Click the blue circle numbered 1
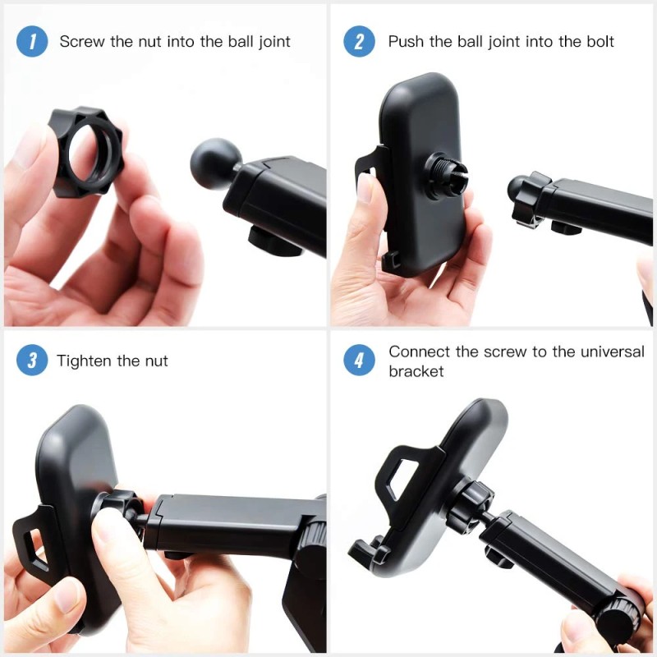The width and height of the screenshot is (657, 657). pyautogui.click(x=32, y=41)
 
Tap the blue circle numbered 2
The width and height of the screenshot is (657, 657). pyautogui.click(x=359, y=41)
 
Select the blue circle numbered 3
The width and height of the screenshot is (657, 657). pyautogui.click(x=32, y=360)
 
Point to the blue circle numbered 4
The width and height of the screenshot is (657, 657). pyautogui.click(x=359, y=360)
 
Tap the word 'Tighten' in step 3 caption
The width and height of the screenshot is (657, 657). pyautogui.click(x=85, y=361)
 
